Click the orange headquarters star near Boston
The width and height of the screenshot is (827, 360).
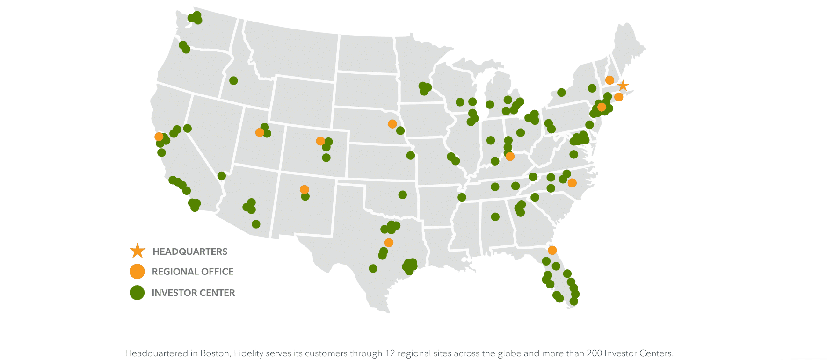click(x=623, y=86)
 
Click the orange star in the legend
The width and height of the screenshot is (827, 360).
click(x=138, y=251)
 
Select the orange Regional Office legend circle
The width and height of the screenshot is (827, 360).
click(x=137, y=272)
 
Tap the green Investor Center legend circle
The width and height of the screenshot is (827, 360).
click(x=137, y=293)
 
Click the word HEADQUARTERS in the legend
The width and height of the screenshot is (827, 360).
click(x=190, y=252)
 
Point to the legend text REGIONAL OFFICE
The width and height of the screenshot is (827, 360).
click(x=192, y=272)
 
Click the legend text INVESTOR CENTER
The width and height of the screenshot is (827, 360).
click(x=193, y=293)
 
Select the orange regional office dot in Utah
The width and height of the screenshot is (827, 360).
click(x=260, y=132)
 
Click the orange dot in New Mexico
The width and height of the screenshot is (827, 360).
click(x=304, y=189)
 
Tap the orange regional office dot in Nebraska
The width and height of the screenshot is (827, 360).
click(x=392, y=124)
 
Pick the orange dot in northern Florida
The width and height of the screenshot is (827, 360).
click(x=552, y=250)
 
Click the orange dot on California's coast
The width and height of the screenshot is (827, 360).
click(x=159, y=137)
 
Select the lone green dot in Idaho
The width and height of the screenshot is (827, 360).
click(x=233, y=80)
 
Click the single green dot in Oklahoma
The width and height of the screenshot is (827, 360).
click(x=402, y=194)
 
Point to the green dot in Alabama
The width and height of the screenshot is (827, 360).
click(x=495, y=216)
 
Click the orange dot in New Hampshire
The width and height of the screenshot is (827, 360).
click(x=609, y=80)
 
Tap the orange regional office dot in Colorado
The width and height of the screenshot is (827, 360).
click(x=320, y=141)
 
